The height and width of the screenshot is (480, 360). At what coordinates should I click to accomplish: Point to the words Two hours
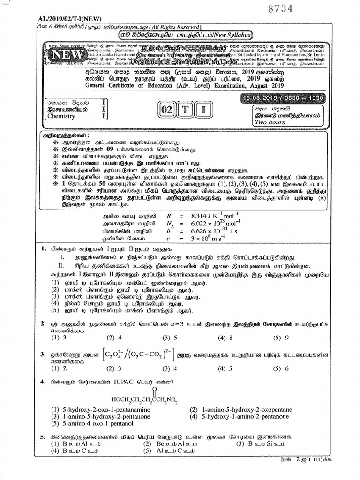[x=270, y=122]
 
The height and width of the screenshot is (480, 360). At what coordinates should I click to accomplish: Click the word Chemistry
[x=61, y=116]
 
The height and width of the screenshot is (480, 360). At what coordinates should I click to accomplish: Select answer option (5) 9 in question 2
[x=281, y=337]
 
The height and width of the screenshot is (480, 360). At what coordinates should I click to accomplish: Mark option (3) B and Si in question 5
[x=260, y=443]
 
